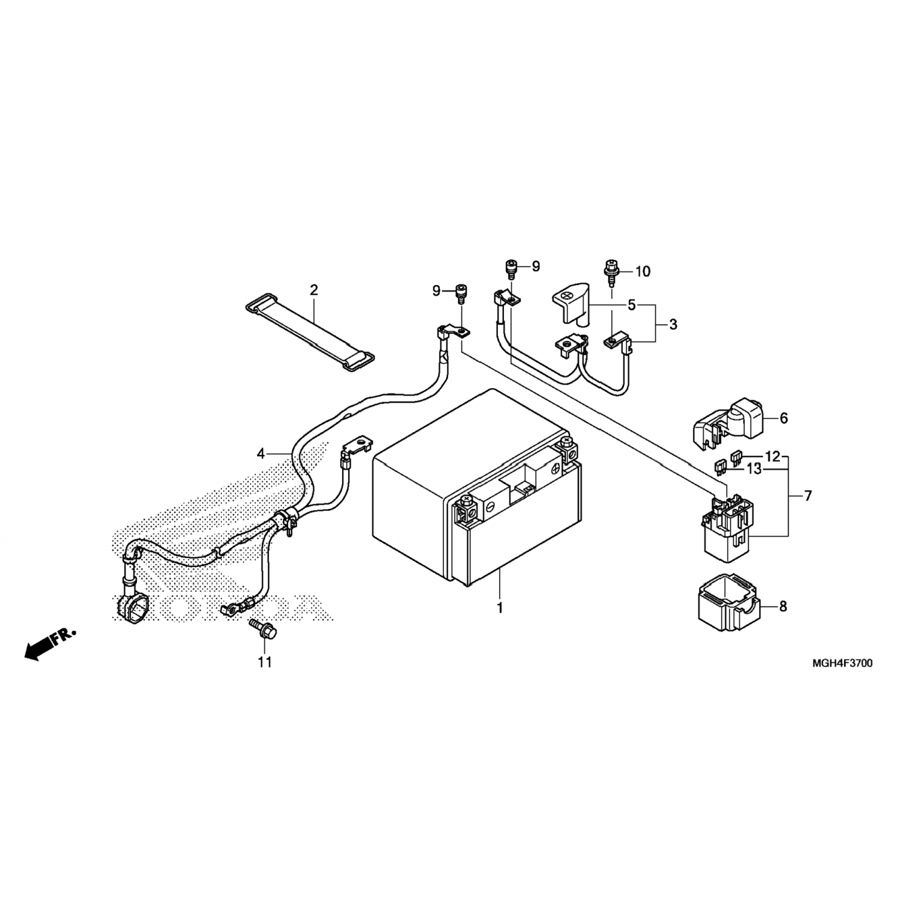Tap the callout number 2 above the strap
[x=314, y=290]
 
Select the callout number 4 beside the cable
[x=260, y=454]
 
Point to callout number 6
[x=784, y=418]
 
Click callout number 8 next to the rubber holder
[x=783, y=607]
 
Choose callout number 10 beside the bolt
[x=643, y=272]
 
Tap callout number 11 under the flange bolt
[x=265, y=662]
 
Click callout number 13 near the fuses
[x=754, y=469]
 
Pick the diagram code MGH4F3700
[x=842, y=664]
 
